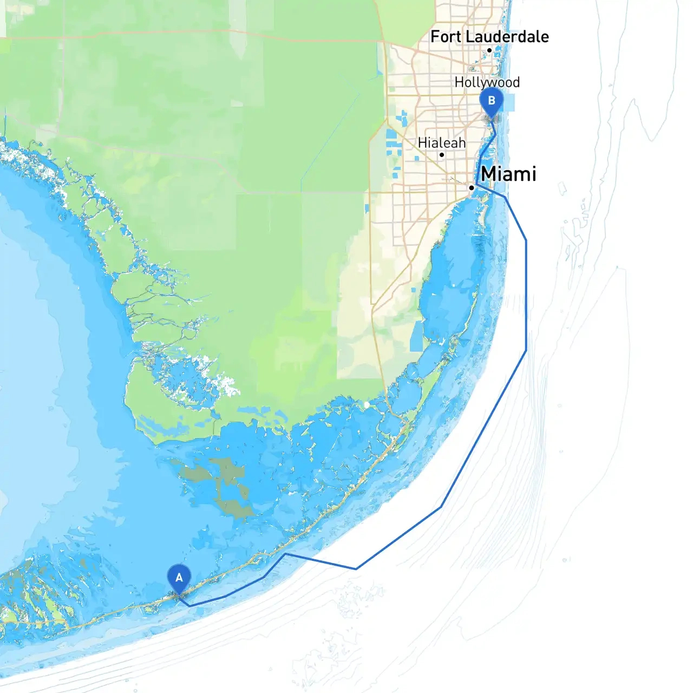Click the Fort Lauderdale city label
(489, 37)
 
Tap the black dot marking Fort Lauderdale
(489, 50)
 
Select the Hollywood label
(487, 82)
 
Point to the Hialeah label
(441, 143)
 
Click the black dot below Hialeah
(442, 155)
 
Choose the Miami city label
(508, 174)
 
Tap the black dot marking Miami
(472, 187)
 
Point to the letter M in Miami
(489, 174)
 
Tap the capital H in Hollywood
(460, 82)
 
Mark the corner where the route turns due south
(526, 240)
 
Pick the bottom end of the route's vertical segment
(526, 351)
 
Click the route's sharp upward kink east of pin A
(285, 554)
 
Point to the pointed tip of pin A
(179, 595)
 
